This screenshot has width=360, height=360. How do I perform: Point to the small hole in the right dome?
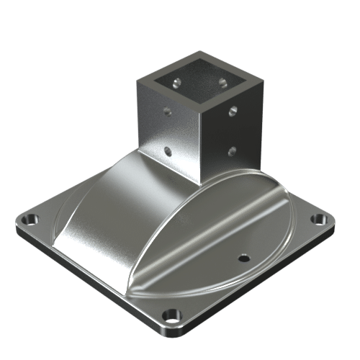coord(243,257)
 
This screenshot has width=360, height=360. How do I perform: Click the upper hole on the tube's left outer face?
coord(167,112)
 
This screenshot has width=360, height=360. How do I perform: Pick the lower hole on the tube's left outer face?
coord(168,151)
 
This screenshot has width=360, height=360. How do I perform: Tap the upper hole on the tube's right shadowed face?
coord(233,110)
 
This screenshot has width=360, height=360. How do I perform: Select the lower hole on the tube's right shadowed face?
coord(233,150)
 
